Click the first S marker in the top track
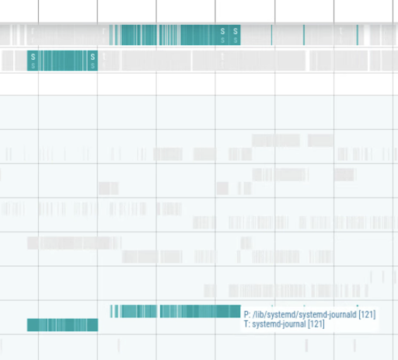(223, 34)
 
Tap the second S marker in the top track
(236, 34)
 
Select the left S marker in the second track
(32, 60)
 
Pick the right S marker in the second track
(93, 60)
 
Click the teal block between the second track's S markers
(62, 60)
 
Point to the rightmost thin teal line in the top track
(358, 34)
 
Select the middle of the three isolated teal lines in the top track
(303, 34)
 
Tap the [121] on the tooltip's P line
(368, 314)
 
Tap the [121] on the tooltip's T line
(316, 324)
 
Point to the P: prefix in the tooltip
(247, 314)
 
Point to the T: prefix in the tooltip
(247, 324)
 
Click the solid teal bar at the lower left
(62, 324)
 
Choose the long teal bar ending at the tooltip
(179, 311)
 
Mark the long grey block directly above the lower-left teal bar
(74, 243)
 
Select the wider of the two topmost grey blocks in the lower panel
(275, 141)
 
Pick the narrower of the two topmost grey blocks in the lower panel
(320, 141)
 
